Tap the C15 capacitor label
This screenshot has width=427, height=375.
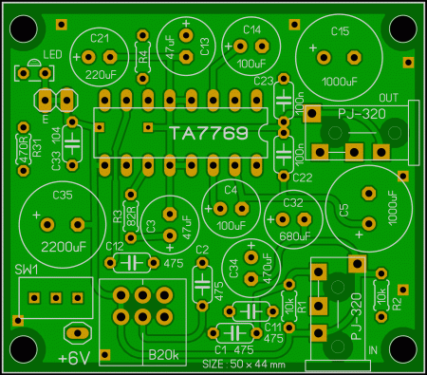[x=339, y=31]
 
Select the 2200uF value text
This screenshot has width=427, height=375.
[x=52, y=246]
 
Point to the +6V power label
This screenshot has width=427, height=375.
[x=75, y=358]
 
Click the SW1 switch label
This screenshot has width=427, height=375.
[x=27, y=271]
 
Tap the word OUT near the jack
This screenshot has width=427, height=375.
[x=387, y=99]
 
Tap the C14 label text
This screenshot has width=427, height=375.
[x=251, y=29]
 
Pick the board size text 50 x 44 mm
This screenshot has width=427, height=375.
[x=243, y=364]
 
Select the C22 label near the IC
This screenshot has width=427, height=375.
[x=303, y=177]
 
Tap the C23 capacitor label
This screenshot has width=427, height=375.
[x=264, y=81]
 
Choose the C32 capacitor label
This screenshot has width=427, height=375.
[x=292, y=203]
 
